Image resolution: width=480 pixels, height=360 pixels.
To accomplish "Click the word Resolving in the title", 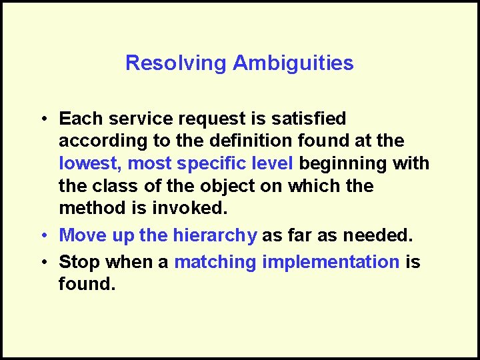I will pyautogui.click(x=176, y=63).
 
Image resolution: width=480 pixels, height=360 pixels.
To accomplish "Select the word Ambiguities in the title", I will pyautogui.click(x=293, y=63).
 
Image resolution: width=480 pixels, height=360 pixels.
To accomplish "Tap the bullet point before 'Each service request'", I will pyautogui.click(x=42, y=119).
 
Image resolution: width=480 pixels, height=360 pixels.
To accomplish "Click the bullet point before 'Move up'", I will pyautogui.click(x=42, y=235).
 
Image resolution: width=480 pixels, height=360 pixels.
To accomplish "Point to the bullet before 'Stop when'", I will pyautogui.click(x=42, y=263).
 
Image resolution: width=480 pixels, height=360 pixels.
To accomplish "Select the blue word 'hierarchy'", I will pyautogui.click(x=215, y=235).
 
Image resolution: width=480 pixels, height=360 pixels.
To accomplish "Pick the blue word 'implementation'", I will pyautogui.click(x=331, y=262).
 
